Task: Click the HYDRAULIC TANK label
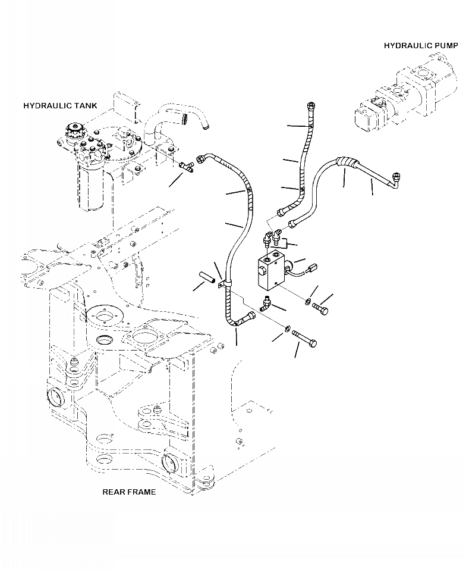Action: pos(59,105)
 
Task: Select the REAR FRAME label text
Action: pos(129,492)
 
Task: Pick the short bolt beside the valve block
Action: pos(320,308)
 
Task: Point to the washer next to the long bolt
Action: pos(287,329)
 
